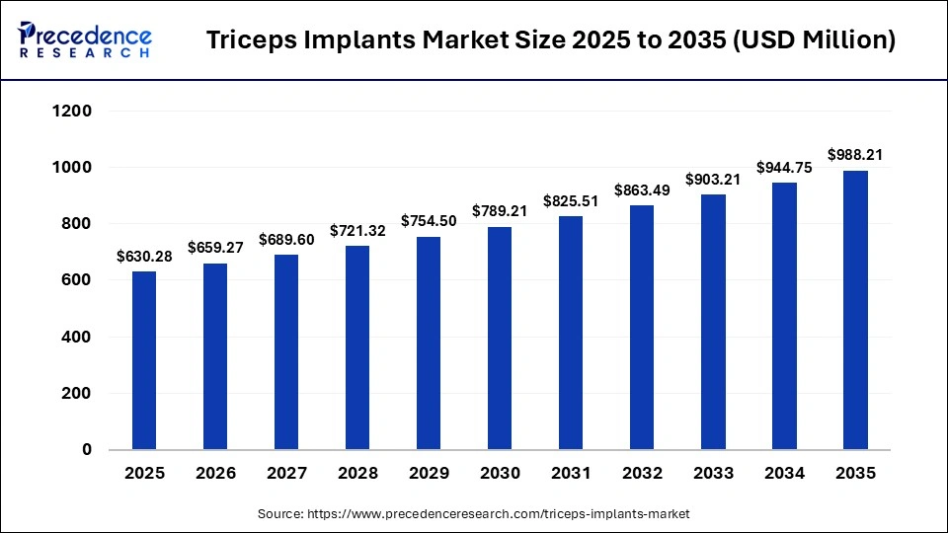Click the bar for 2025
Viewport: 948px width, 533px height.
pos(144,360)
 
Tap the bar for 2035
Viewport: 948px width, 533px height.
pos(855,310)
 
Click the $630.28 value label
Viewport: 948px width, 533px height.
pos(144,257)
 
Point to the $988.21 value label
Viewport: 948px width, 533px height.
pos(855,155)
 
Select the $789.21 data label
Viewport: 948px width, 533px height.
pos(500,211)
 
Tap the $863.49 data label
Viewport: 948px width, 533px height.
pos(642,190)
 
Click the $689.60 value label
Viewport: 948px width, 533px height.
pos(286,240)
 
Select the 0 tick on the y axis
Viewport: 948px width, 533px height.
pos(86,450)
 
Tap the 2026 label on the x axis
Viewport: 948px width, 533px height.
pos(215,474)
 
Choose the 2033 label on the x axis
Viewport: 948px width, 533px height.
pos(713,474)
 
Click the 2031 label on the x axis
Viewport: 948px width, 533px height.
pos(571,474)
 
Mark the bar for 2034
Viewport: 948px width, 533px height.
pos(784,316)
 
